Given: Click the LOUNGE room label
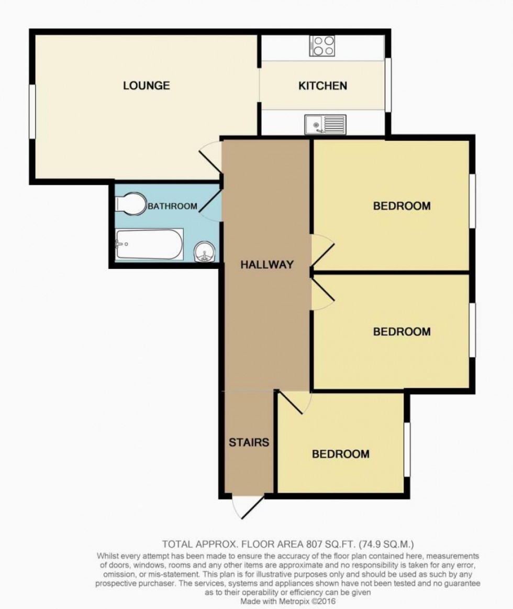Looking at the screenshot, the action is (146, 85).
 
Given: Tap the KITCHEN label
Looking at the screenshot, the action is (322, 86).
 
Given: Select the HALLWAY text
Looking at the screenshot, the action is (266, 265).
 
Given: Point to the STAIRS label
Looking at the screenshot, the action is (249, 442).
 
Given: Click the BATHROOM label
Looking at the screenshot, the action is (173, 206).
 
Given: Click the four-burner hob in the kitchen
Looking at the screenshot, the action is (322, 46).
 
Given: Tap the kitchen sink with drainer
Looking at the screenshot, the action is (325, 124).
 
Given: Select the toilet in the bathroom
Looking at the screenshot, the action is (131, 203).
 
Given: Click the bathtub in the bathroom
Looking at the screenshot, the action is (149, 244).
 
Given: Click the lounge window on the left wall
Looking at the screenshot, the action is (32, 111).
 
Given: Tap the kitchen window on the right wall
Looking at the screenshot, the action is (388, 85).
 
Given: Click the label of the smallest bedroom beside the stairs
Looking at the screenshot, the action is (341, 454).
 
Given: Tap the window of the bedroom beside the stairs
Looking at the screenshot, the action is (407, 449).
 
